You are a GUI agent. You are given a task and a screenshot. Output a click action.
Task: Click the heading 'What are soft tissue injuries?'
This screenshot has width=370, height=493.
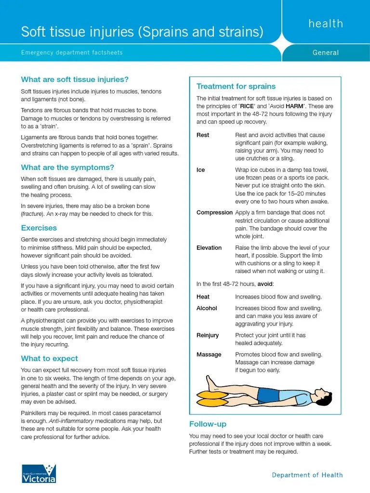click(75, 79)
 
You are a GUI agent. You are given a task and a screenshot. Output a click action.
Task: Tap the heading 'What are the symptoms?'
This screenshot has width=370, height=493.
click(67, 168)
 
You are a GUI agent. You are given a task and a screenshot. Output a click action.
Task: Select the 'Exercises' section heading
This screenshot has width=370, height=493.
click(39, 228)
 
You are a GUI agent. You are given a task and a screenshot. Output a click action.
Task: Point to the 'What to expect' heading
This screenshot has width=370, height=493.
click(49, 358)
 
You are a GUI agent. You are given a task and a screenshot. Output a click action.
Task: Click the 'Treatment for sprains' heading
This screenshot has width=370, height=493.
click(236, 86)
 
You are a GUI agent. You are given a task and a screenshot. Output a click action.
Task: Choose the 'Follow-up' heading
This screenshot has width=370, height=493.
click(208, 424)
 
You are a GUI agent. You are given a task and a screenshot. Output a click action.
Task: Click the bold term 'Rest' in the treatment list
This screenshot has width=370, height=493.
click(203, 135)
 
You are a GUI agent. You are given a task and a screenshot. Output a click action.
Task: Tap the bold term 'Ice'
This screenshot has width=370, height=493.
click(200, 170)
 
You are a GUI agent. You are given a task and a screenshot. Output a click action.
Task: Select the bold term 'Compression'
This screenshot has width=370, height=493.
click(214, 212)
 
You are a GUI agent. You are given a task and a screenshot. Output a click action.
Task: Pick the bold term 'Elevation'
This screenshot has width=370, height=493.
click(209, 248)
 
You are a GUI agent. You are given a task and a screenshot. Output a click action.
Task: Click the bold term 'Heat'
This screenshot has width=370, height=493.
click(203, 297)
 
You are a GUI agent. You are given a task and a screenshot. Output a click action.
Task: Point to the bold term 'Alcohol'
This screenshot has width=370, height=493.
click(207, 308)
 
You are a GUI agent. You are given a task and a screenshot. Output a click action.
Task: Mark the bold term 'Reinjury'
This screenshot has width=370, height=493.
click(208, 335)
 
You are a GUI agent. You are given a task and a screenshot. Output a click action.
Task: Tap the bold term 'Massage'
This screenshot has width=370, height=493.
click(209, 354)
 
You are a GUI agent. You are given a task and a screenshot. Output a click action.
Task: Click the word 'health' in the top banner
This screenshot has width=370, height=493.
click(326, 24)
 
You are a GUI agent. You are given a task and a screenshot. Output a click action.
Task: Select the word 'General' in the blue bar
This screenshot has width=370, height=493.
click(326, 52)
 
